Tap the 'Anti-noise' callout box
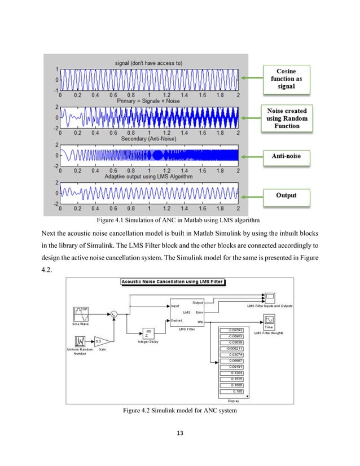pos(287,157)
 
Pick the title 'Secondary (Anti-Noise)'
pos(149,139)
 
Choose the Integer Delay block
pos(148,332)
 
